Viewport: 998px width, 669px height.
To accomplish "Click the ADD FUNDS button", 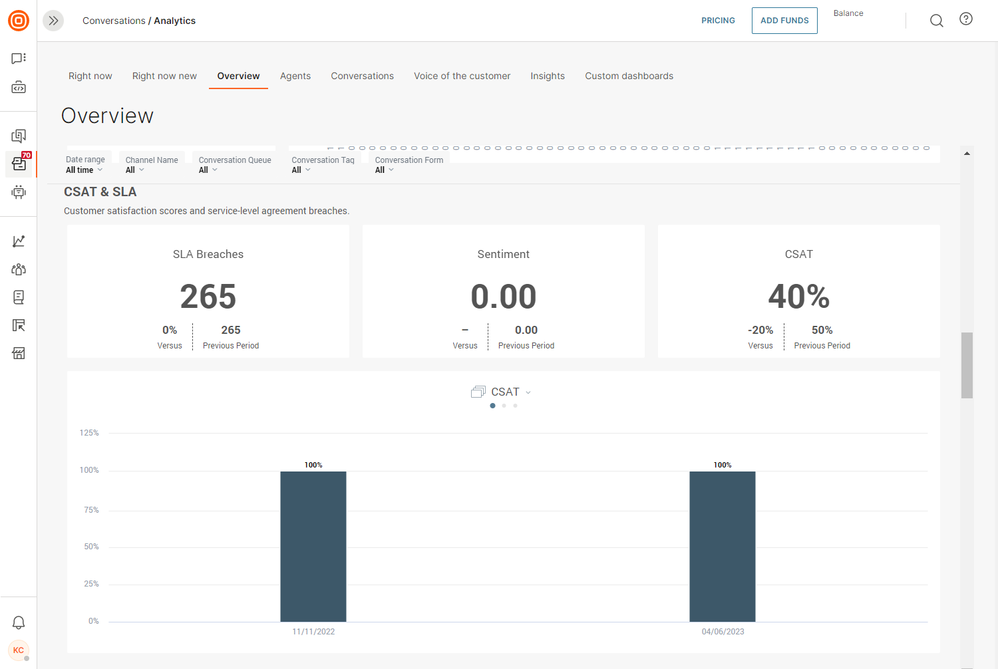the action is [784, 21].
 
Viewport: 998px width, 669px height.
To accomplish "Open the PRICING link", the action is [718, 21].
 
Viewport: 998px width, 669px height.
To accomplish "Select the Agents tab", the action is [295, 76].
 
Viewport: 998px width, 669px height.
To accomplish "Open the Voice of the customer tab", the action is [462, 76].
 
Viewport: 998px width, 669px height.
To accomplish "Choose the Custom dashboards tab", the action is [629, 76].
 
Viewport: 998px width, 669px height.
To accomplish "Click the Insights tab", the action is [547, 76].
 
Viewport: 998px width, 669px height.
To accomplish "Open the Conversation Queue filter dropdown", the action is [234, 165].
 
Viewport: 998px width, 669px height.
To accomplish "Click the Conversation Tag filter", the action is [323, 165].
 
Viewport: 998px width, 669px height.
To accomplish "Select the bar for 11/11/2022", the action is [313, 547].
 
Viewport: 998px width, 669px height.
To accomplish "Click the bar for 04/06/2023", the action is [722, 547].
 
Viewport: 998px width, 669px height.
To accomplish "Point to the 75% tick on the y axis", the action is [91, 509].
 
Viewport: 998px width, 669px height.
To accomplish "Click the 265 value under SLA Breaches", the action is [208, 297].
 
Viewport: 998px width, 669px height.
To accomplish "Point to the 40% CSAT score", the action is [798, 297].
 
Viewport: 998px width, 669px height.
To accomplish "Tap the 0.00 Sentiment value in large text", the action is [504, 297].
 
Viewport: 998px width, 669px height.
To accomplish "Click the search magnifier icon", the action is [936, 21].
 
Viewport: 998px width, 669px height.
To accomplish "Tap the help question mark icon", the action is [965, 19].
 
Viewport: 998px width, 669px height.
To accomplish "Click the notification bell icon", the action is [18, 622].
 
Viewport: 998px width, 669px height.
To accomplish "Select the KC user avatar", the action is [18, 650].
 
